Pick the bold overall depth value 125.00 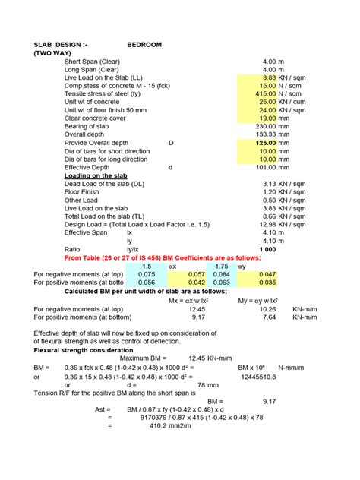pos(264,143)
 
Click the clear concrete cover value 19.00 pos(266,118)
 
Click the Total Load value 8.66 pos(267,216)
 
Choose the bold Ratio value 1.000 pos(267,248)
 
